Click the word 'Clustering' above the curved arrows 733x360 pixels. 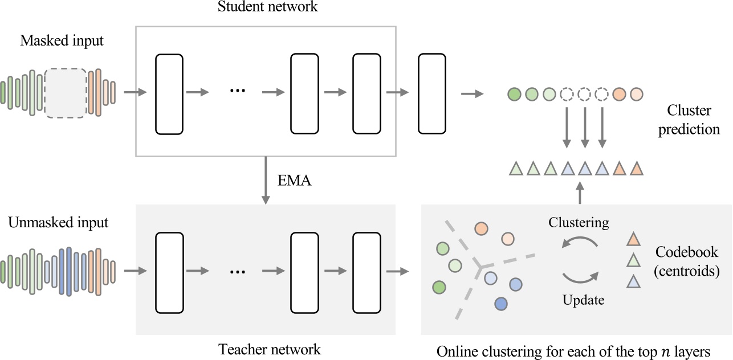pos(579,222)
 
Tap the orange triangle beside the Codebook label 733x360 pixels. pos(632,239)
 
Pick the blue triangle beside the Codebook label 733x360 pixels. pos(632,281)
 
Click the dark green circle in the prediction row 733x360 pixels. pos(514,93)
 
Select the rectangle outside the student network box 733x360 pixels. pos(432,94)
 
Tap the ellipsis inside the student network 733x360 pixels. pos(237,92)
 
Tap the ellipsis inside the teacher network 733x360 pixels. pos(237,272)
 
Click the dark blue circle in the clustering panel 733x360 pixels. pos(501,304)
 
